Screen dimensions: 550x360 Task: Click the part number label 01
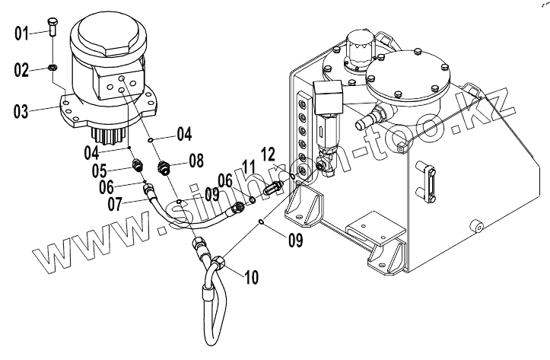click(21, 33)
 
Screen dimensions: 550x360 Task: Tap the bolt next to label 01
click(52, 27)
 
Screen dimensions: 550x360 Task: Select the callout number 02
click(21, 70)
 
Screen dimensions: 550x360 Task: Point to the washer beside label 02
click(52, 67)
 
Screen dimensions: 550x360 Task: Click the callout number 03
click(21, 111)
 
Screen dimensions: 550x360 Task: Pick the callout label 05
click(99, 171)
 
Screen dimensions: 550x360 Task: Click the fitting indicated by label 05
click(138, 164)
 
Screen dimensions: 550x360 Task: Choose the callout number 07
click(115, 204)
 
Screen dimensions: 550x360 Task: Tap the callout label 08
click(196, 161)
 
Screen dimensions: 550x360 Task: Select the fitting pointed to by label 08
click(164, 167)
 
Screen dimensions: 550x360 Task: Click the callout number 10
click(251, 277)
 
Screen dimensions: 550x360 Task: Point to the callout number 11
click(250, 167)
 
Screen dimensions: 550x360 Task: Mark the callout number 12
click(268, 155)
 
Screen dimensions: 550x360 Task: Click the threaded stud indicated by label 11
click(272, 189)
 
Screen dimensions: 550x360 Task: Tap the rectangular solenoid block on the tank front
click(327, 96)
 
